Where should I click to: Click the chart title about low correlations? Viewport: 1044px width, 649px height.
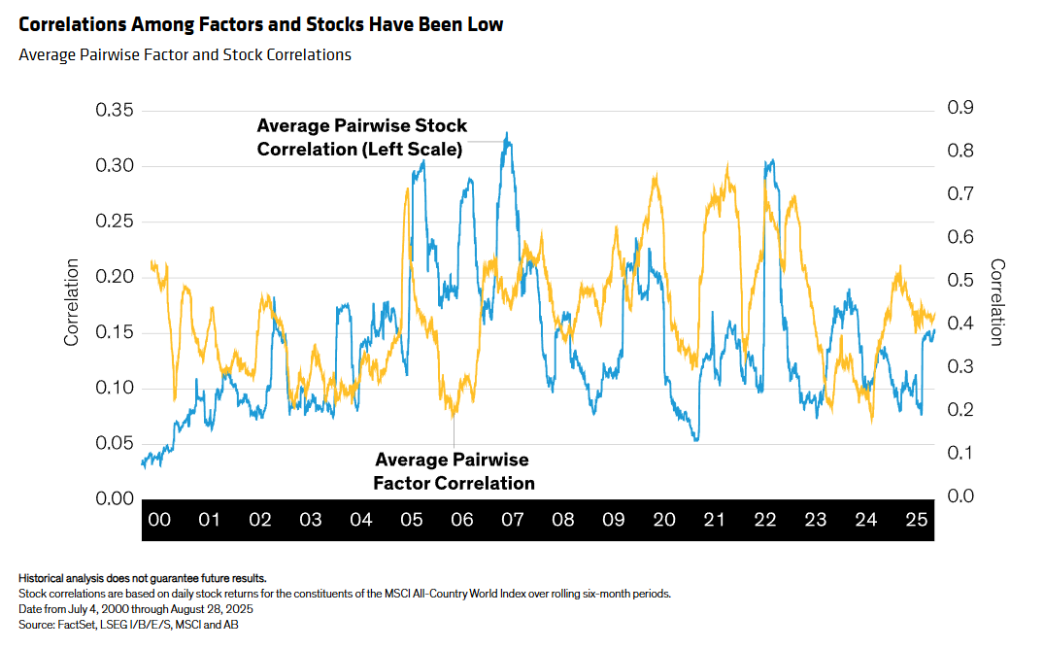261,25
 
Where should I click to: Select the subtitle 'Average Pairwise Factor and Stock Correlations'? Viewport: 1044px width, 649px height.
185,55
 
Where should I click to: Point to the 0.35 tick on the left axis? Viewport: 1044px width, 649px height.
114,110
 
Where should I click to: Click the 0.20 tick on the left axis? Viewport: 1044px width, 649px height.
114,277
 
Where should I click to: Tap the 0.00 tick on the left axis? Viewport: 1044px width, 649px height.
114,498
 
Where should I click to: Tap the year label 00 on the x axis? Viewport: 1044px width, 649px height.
159,520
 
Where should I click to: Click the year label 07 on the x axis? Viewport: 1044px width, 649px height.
513,520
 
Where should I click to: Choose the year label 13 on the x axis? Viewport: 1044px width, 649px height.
816,520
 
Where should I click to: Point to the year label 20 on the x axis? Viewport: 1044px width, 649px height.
664,520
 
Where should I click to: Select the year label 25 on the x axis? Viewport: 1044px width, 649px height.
917,520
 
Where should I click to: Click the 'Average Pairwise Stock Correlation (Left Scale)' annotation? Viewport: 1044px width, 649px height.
361,138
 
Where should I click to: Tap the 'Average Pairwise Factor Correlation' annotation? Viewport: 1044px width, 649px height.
454,471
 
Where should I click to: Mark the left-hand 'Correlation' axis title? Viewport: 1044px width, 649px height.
72,302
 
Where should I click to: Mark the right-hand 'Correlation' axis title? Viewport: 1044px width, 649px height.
997,302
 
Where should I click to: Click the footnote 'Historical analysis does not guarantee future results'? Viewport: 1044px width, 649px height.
142,578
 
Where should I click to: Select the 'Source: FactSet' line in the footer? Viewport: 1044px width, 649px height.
128,625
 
